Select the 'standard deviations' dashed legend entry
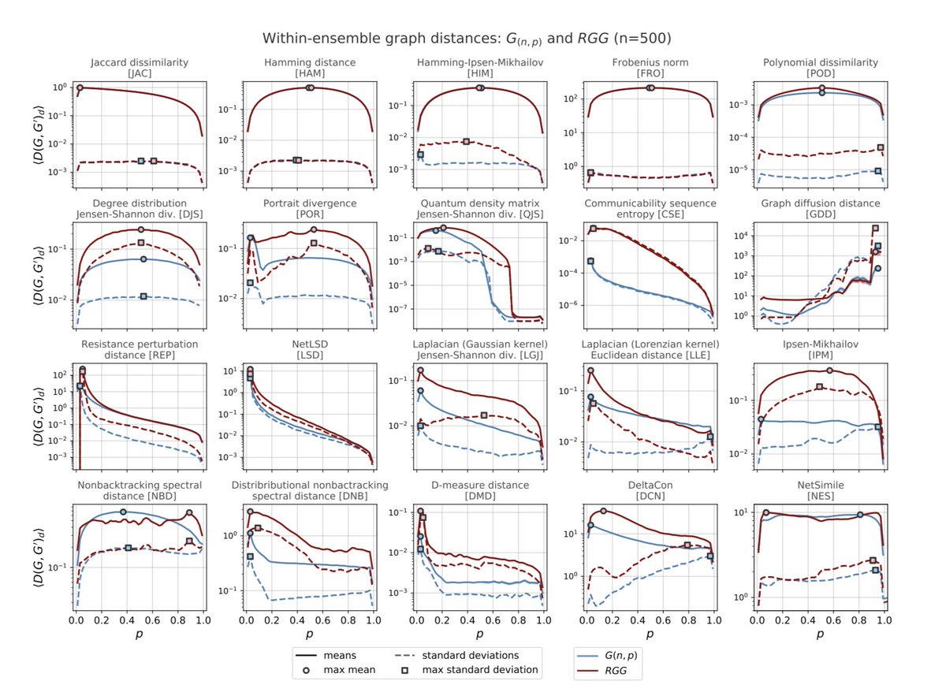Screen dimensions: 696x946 point(457,654)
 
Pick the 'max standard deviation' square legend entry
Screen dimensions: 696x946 point(465,670)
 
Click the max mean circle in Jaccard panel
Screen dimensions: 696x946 point(80,87)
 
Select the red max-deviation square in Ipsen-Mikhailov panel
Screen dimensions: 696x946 point(820,386)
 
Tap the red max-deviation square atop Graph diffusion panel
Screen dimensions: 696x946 point(875,229)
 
